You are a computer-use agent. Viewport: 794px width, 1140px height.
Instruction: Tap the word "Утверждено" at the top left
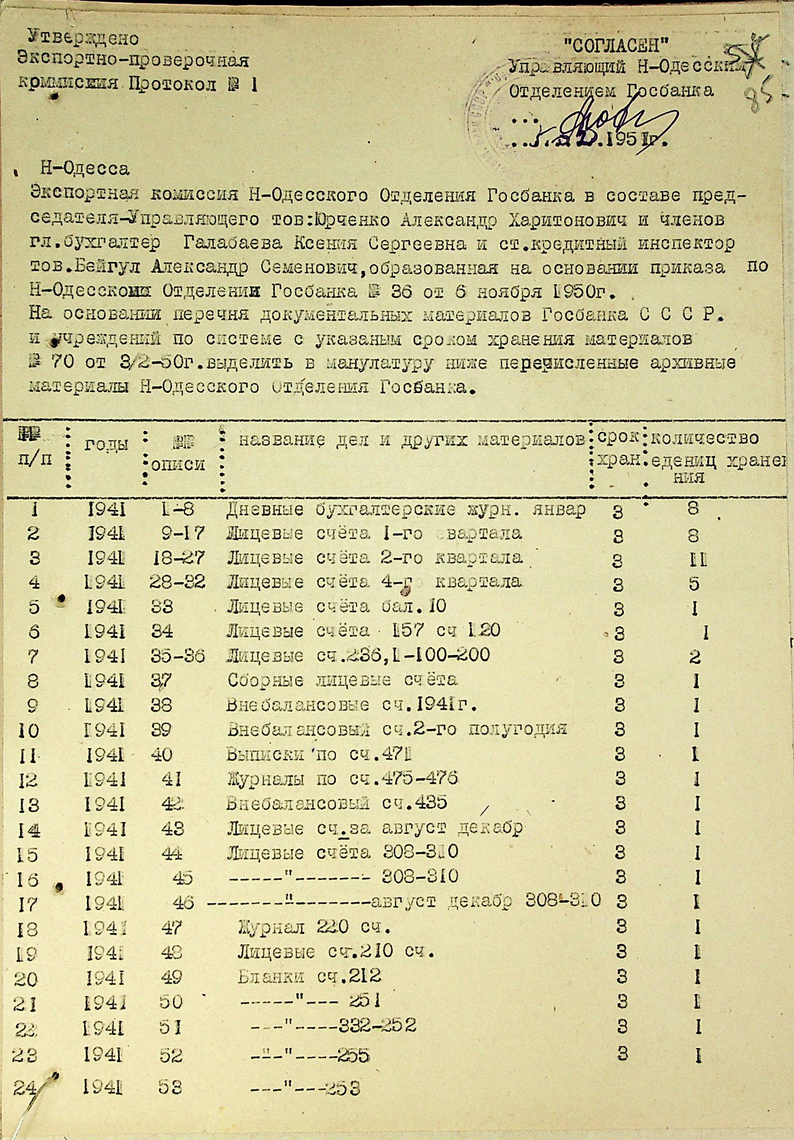click(x=83, y=37)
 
